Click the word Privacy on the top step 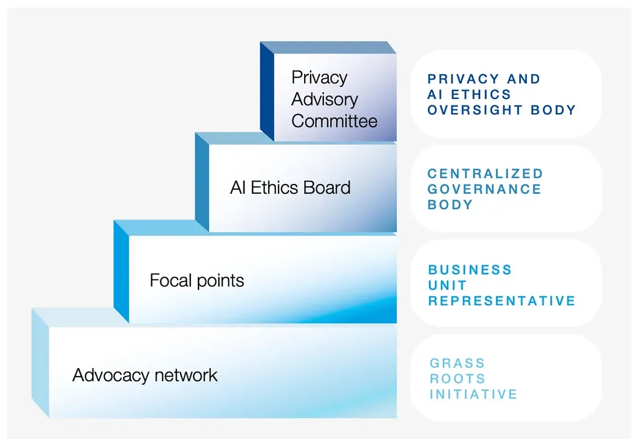[319, 78]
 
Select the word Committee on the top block [334, 121]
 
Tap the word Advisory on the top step [324, 99]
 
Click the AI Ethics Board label [290, 188]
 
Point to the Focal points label [197, 281]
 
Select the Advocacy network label [145, 375]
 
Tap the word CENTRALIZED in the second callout [486, 174]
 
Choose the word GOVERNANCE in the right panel [485, 189]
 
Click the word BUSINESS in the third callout [470, 270]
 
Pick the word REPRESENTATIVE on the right [502, 301]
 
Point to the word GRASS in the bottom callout [457, 363]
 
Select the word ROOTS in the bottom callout [457, 379]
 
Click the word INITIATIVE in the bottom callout [474, 394]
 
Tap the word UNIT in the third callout [448, 285]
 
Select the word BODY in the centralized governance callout [450, 205]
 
